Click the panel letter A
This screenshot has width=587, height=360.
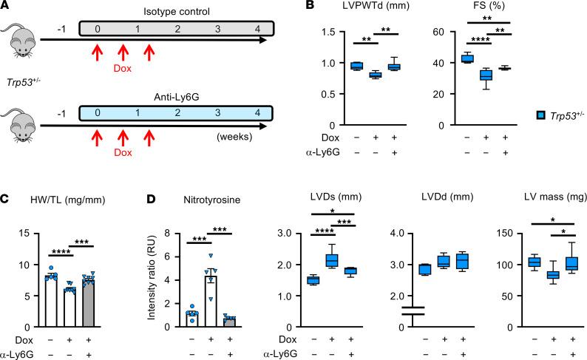[x=7, y=7]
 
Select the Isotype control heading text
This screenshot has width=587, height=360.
[x=177, y=9]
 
